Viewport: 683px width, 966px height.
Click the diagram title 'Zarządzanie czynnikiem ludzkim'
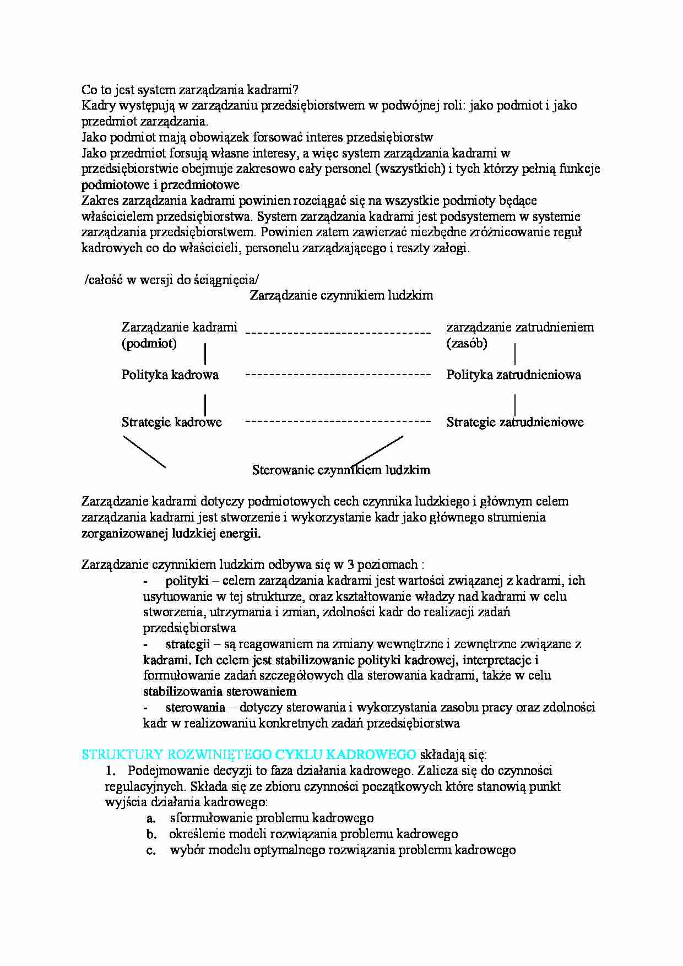(x=341, y=295)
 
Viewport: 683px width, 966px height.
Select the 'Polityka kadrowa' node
(x=170, y=375)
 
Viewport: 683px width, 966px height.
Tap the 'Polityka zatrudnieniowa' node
(x=513, y=375)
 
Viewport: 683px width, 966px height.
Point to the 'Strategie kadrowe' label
(x=171, y=422)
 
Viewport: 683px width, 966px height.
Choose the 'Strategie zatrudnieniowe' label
(x=514, y=422)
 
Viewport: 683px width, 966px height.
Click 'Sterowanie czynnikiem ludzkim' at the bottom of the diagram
(x=341, y=470)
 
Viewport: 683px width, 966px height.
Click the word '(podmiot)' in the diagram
(x=149, y=344)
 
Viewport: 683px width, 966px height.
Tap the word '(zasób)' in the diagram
(x=467, y=344)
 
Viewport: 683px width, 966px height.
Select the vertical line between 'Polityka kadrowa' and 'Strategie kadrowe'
(x=205, y=405)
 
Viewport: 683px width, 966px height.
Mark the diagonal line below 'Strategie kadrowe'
(x=144, y=452)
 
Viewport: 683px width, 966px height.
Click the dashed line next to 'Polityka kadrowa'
(x=338, y=375)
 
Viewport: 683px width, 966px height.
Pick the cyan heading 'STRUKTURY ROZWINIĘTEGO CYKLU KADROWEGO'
(x=248, y=755)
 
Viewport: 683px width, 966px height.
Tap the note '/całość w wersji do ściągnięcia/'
(x=171, y=280)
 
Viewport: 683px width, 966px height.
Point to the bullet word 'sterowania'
(x=195, y=707)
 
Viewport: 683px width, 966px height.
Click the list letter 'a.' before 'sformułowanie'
(x=151, y=818)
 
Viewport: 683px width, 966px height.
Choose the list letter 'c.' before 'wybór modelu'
(x=151, y=850)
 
